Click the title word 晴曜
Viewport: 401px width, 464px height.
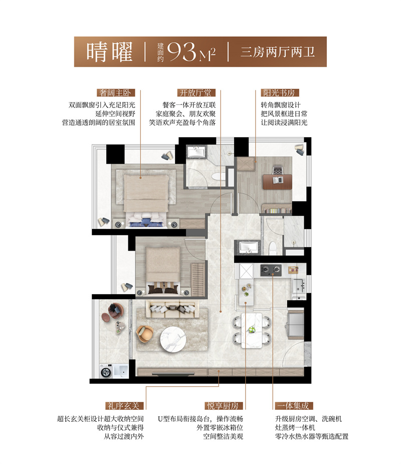pyautogui.click(x=109, y=51)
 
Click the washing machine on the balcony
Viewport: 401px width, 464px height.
pyautogui.click(x=106, y=373)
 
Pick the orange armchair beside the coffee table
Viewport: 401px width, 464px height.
pyautogui.click(x=146, y=333)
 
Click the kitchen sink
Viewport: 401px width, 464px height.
pyautogui.click(x=299, y=285)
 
